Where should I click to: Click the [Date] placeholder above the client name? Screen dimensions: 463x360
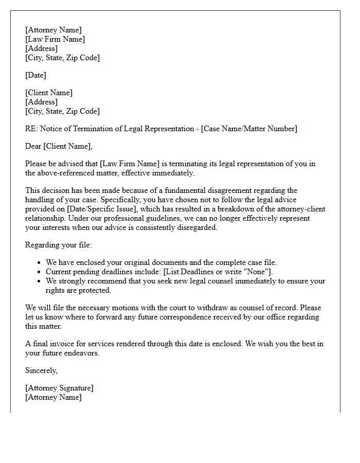click(35, 76)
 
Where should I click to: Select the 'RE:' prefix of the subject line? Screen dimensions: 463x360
click(31, 129)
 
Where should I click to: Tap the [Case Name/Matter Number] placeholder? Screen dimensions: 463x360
click(249, 129)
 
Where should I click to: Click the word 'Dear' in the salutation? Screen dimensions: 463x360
click(33, 147)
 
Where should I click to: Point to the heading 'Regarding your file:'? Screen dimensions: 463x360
click(58, 245)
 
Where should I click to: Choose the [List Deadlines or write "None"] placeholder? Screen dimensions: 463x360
click(218, 272)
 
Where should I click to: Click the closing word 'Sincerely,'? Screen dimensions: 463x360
click(41, 371)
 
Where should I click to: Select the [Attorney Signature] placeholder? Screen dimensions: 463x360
click(59, 388)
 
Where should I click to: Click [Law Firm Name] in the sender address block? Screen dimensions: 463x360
click(55, 40)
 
